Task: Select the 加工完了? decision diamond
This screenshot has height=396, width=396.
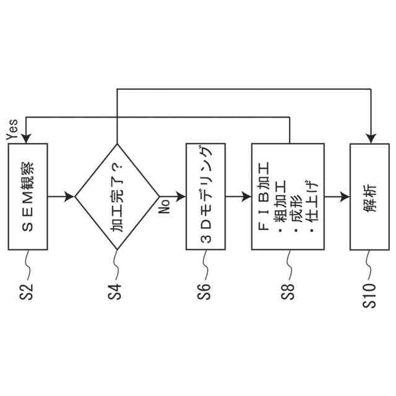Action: click(117, 197)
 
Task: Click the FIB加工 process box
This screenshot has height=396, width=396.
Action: click(288, 197)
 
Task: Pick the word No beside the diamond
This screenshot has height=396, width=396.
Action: click(165, 206)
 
